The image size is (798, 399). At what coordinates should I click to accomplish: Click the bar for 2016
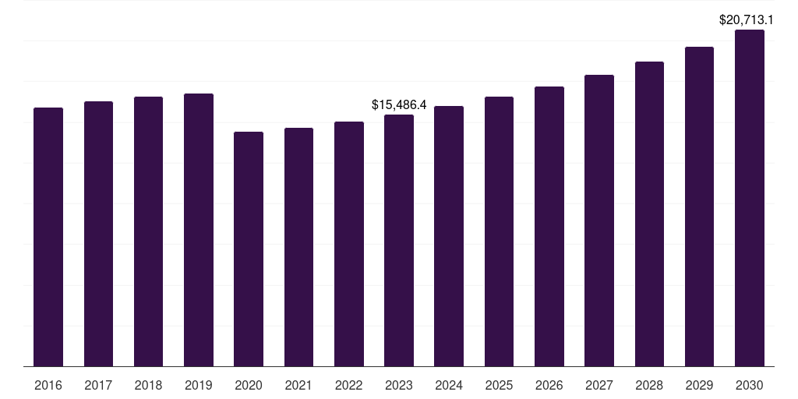[48, 237]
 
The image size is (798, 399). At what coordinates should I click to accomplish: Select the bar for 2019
[199, 230]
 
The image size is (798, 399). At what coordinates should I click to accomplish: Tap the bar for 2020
[249, 249]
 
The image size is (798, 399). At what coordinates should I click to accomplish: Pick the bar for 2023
[399, 241]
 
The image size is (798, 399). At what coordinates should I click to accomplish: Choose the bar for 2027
[599, 221]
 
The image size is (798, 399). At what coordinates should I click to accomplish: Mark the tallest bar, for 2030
[750, 198]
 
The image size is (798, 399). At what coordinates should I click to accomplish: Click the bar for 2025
[499, 231]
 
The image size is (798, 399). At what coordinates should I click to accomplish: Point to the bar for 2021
[298, 247]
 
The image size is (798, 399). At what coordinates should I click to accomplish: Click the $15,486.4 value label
[399, 105]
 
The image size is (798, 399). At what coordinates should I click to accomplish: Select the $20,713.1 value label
[746, 19]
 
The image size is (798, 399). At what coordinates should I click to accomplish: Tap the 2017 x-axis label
[98, 385]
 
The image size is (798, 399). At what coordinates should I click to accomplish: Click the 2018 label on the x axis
[148, 385]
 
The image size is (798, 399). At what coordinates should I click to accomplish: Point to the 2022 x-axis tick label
[348, 385]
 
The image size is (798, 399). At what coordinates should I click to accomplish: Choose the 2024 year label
[449, 385]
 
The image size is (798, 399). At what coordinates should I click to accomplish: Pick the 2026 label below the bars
[549, 385]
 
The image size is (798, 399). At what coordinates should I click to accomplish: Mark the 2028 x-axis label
[649, 385]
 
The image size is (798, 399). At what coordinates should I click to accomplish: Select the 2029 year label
[699, 385]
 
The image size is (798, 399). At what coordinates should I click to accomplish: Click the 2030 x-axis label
[750, 385]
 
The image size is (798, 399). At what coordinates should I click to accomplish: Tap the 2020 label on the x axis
[249, 385]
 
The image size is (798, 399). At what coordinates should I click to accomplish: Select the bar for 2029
[699, 207]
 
